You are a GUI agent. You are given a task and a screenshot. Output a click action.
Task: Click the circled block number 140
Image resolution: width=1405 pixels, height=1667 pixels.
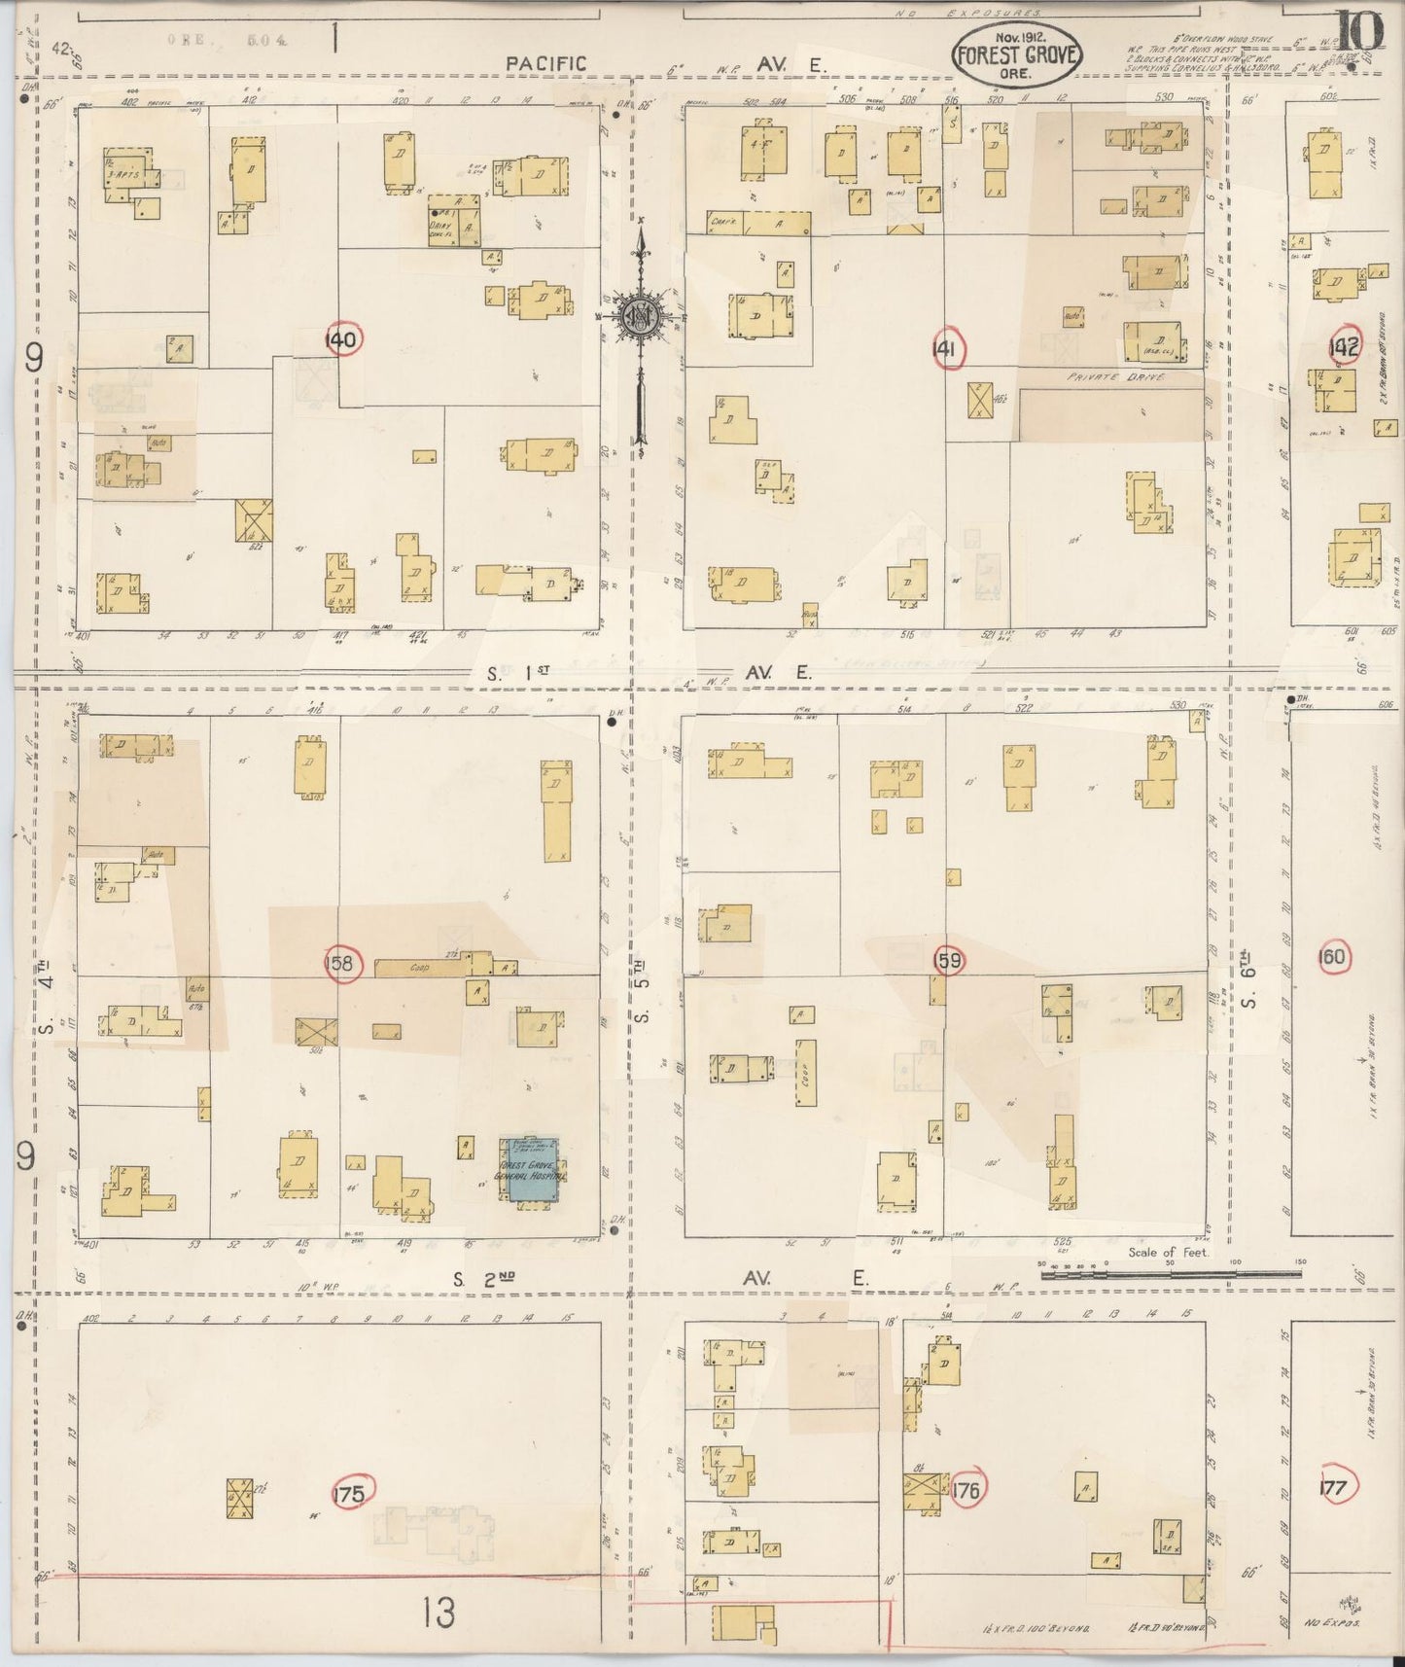343,339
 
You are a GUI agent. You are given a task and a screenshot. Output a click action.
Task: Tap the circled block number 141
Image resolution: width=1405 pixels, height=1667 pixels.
947,351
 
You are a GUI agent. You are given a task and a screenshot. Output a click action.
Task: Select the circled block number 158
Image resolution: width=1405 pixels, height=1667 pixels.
343,964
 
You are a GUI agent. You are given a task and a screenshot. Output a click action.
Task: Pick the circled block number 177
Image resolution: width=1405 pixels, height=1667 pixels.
1334,1488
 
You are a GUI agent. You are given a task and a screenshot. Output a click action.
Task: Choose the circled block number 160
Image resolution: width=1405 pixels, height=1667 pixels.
1331,957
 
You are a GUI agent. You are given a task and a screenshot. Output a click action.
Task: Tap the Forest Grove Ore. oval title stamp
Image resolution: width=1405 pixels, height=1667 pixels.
1016,54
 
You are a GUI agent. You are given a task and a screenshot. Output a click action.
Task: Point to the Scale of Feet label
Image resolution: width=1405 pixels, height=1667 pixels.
1168,1253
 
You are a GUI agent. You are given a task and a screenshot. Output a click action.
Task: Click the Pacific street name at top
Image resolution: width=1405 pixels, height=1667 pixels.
545,64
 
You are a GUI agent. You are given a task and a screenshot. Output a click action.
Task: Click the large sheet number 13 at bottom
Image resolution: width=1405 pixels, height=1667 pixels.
439,1614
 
